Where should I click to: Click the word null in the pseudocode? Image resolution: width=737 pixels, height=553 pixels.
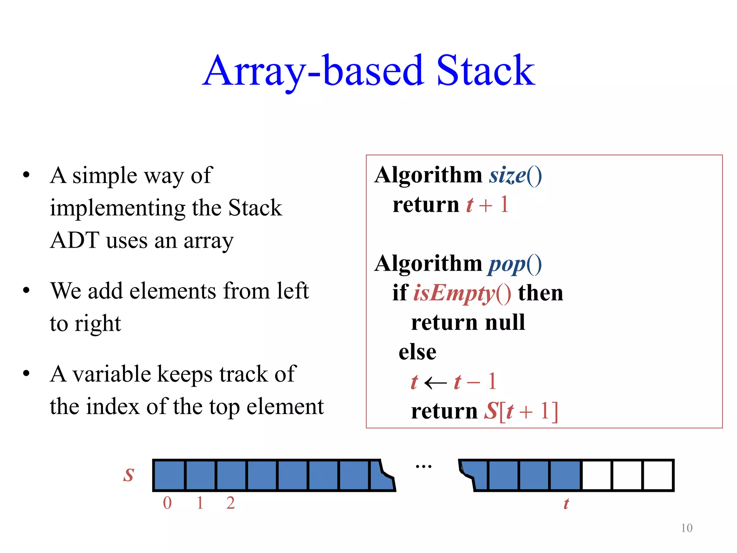tap(505, 322)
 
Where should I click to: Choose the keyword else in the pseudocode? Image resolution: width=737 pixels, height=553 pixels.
tap(417, 352)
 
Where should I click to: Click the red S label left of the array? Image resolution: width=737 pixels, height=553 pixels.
tap(128, 475)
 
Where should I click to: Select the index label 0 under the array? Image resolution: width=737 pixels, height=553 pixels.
tap(167, 503)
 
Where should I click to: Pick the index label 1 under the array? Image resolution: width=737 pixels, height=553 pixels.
tap(200, 503)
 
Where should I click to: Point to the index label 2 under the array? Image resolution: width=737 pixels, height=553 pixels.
tap(231, 503)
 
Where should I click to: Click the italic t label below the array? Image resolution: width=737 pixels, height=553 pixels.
tap(566, 504)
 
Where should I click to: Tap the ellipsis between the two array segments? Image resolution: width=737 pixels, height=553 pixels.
tap(424, 467)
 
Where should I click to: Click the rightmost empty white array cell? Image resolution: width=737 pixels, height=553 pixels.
tap(658, 475)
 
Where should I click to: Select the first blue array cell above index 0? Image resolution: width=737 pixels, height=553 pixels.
tap(169, 475)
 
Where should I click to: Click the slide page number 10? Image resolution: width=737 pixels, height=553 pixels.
tap(687, 528)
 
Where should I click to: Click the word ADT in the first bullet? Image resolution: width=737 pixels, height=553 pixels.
tap(75, 240)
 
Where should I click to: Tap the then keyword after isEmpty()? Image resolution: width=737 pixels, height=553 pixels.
tap(541, 293)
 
